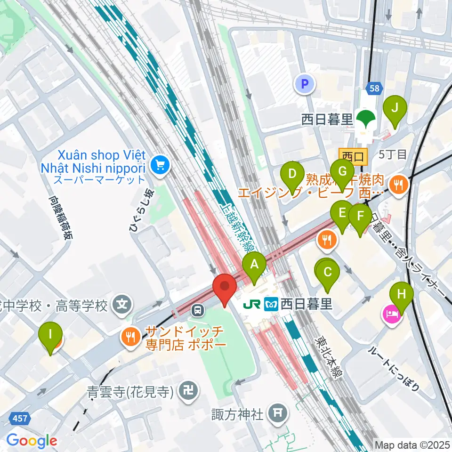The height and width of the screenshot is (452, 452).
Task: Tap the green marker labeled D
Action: point(292,174)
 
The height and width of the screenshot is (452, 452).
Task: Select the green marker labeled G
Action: point(342,171)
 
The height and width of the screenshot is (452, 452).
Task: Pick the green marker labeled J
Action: point(395,108)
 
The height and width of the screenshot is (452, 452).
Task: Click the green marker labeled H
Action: point(401,294)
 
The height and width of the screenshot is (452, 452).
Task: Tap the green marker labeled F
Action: point(361,217)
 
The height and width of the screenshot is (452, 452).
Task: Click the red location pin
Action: point(225,286)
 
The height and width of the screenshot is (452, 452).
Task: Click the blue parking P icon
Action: point(305,84)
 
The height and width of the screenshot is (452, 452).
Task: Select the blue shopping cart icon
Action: point(160,164)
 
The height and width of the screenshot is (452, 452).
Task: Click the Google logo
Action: point(31,441)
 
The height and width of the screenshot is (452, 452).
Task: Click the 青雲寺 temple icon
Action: point(190,391)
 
